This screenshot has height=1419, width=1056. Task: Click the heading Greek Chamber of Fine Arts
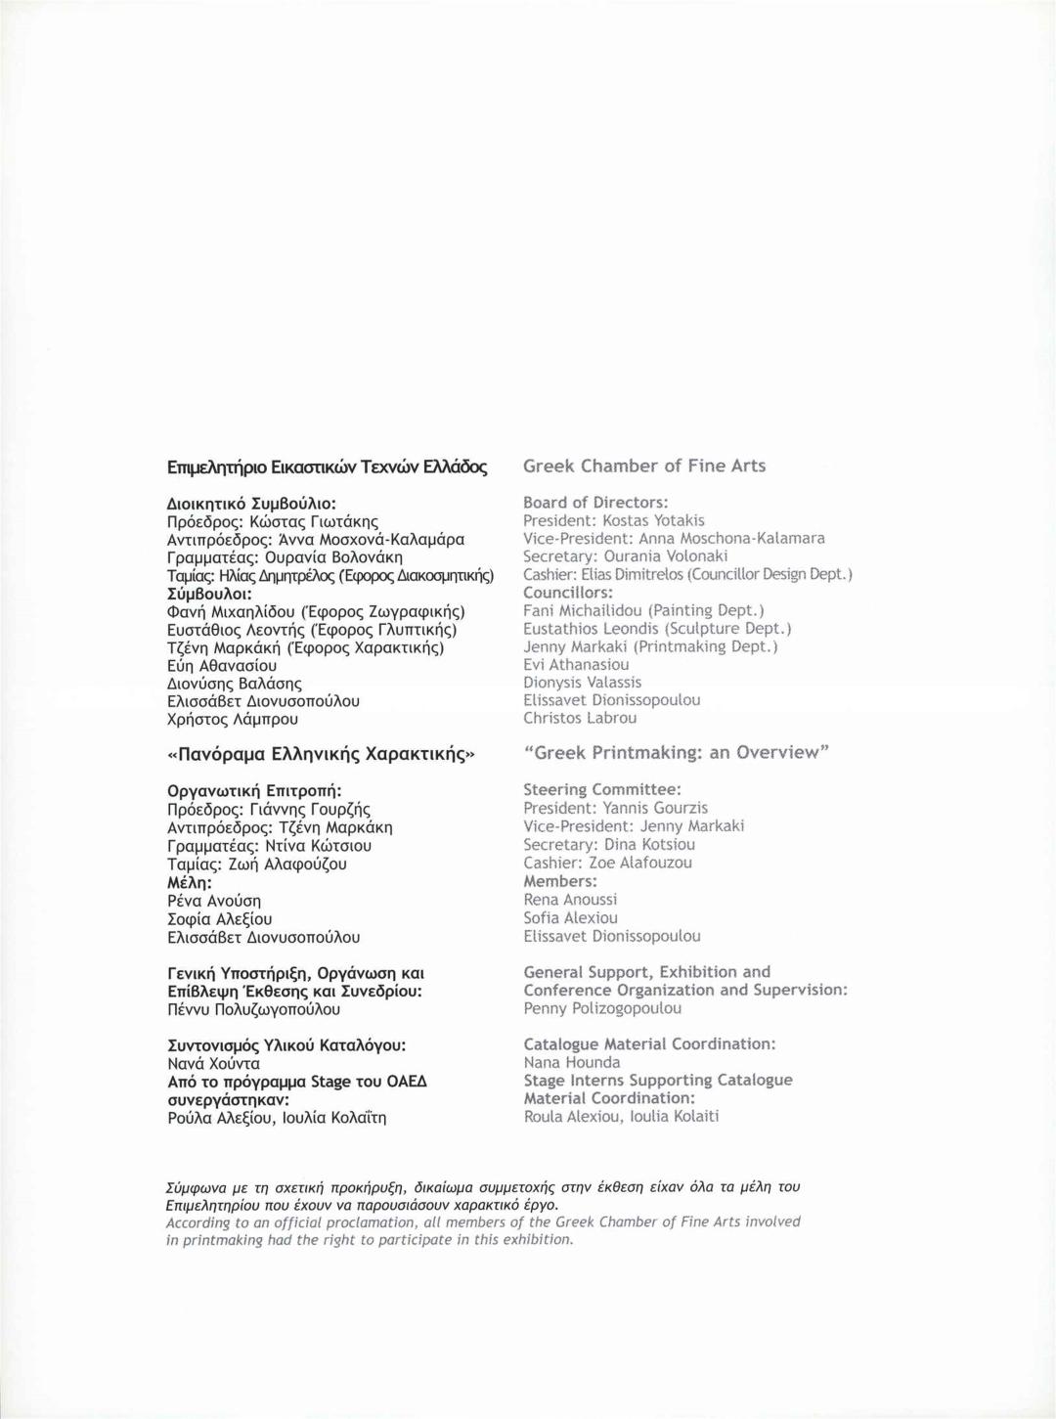coord(643,466)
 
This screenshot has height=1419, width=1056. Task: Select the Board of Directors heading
coord(594,503)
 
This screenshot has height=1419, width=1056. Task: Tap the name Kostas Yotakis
coord(653,520)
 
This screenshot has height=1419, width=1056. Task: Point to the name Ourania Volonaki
coord(665,556)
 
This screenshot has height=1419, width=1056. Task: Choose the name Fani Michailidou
coord(583,611)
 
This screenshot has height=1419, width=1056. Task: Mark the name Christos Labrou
coord(580,719)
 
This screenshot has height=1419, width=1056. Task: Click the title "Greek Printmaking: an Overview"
coord(677,753)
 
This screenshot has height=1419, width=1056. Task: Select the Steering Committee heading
coord(601,790)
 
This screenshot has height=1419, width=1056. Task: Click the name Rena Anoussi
coord(570,900)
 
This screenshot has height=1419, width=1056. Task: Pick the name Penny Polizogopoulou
coord(602,1008)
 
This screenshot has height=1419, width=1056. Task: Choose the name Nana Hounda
coord(571,1063)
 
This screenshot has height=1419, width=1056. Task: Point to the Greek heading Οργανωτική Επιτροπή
coord(254,791)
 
